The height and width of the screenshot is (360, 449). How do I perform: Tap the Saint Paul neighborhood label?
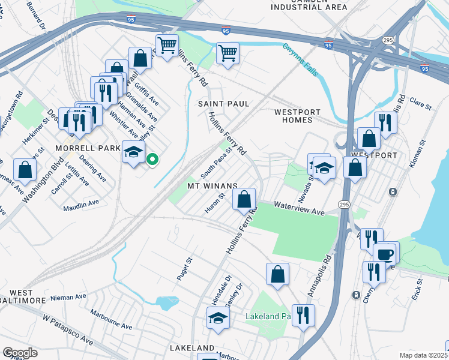[x=223, y=104]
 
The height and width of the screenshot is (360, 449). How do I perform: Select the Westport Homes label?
[x=297, y=116]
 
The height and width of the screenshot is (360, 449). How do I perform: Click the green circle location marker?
[x=152, y=160]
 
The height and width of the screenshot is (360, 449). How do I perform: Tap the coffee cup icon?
[x=385, y=253]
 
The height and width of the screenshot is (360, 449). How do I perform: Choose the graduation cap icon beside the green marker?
[x=134, y=151]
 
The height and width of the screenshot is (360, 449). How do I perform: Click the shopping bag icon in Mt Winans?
[x=244, y=199]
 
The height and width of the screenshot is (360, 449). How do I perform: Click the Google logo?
[x=20, y=353]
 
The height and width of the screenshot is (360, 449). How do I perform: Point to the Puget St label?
[x=187, y=263]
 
